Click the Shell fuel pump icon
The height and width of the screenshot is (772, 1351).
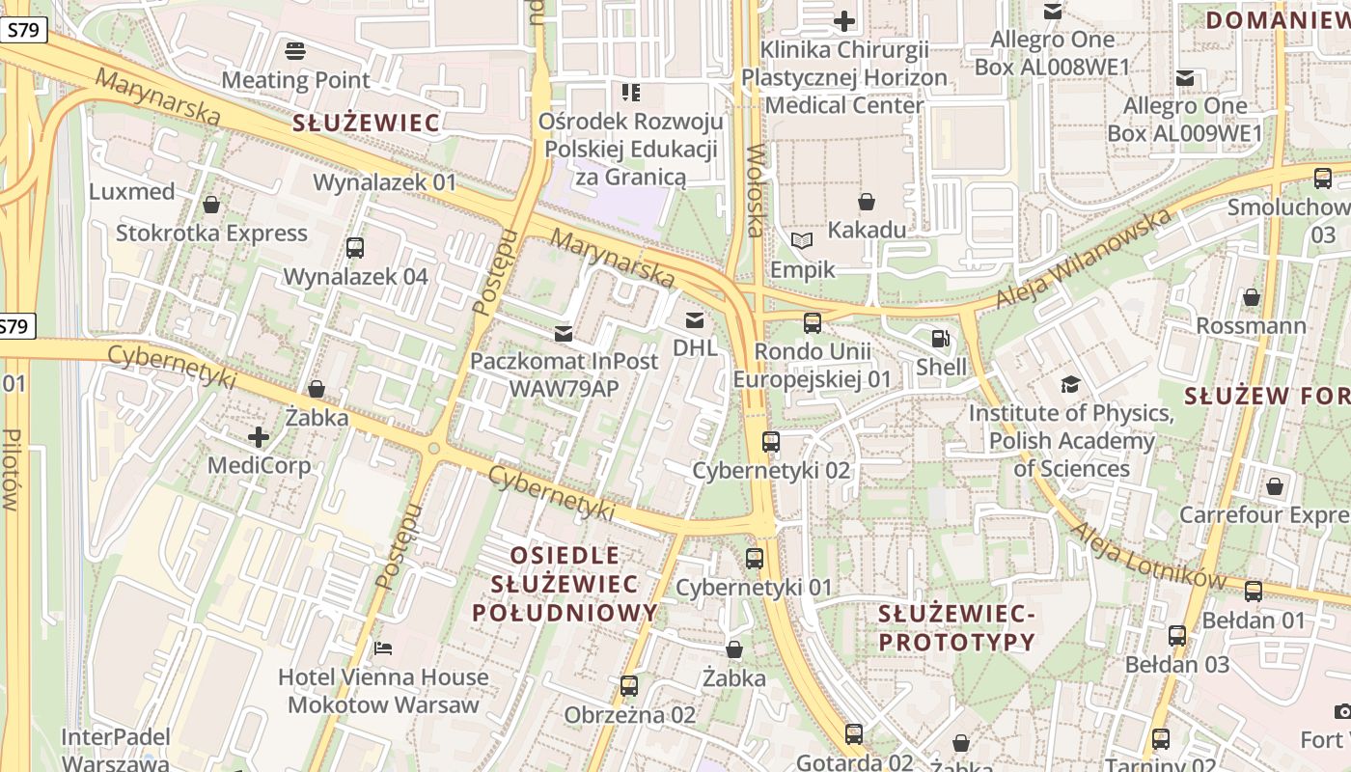(940, 339)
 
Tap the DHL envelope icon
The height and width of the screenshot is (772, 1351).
(694, 320)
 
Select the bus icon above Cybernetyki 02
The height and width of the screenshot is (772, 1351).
(771, 442)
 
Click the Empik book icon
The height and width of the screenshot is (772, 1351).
(801, 240)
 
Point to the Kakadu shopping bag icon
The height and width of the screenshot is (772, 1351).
(867, 202)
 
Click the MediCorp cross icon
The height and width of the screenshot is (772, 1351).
(259, 437)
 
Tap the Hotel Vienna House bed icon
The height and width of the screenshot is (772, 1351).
(383, 648)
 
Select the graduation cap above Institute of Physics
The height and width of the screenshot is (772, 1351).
(1070, 384)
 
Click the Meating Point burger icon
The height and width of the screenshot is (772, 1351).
(295, 50)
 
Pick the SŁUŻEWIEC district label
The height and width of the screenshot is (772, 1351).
(367, 123)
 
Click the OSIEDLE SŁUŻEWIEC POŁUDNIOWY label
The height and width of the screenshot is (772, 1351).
(565, 584)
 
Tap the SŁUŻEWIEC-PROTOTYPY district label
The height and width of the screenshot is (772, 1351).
(956, 627)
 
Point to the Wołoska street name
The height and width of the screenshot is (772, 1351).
(756, 190)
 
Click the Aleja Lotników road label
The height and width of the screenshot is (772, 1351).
(1148, 557)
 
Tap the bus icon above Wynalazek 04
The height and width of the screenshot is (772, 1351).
(355, 248)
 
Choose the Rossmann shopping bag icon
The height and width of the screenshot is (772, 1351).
(1252, 297)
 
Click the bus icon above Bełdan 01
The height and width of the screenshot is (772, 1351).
(1254, 592)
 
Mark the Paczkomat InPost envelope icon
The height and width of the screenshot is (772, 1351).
(564, 334)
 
